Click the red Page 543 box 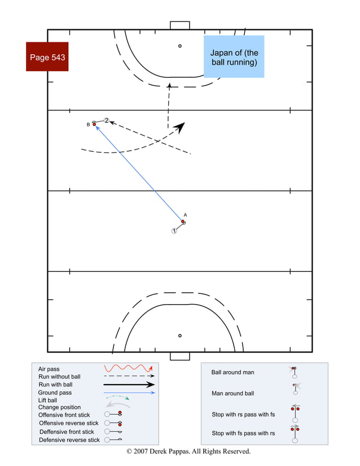pyautogui.click(x=47, y=57)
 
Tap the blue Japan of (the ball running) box pyautogui.click(x=234, y=57)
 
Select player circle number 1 pyautogui.click(x=174, y=231)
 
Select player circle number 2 pyautogui.click(x=106, y=120)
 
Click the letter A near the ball pyautogui.click(x=185, y=215)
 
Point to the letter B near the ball pyautogui.click(x=88, y=124)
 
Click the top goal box pyautogui.click(x=179, y=25)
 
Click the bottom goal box pyautogui.click(x=179, y=356)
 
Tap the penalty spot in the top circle pyautogui.click(x=180, y=46)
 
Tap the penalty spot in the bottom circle pyautogui.click(x=180, y=336)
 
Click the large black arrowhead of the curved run pyautogui.click(x=179, y=128)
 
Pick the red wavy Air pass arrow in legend pyautogui.click(x=128, y=368)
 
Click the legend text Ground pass pyautogui.click(x=55, y=392)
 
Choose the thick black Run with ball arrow pyautogui.click(x=129, y=385)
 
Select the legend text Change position pyautogui.click(x=59, y=407)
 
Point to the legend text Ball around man pyautogui.click(x=232, y=372)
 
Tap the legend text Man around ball pyautogui.click(x=232, y=393)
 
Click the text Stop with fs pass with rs pyautogui.click(x=243, y=433)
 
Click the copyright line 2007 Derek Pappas pyautogui.click(x=188, y=451)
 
